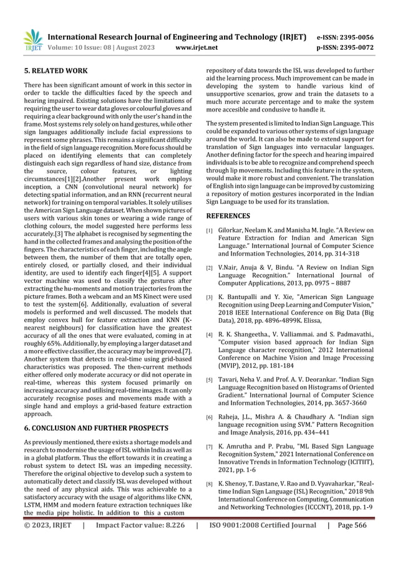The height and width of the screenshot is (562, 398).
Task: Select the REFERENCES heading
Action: point(228,216)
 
